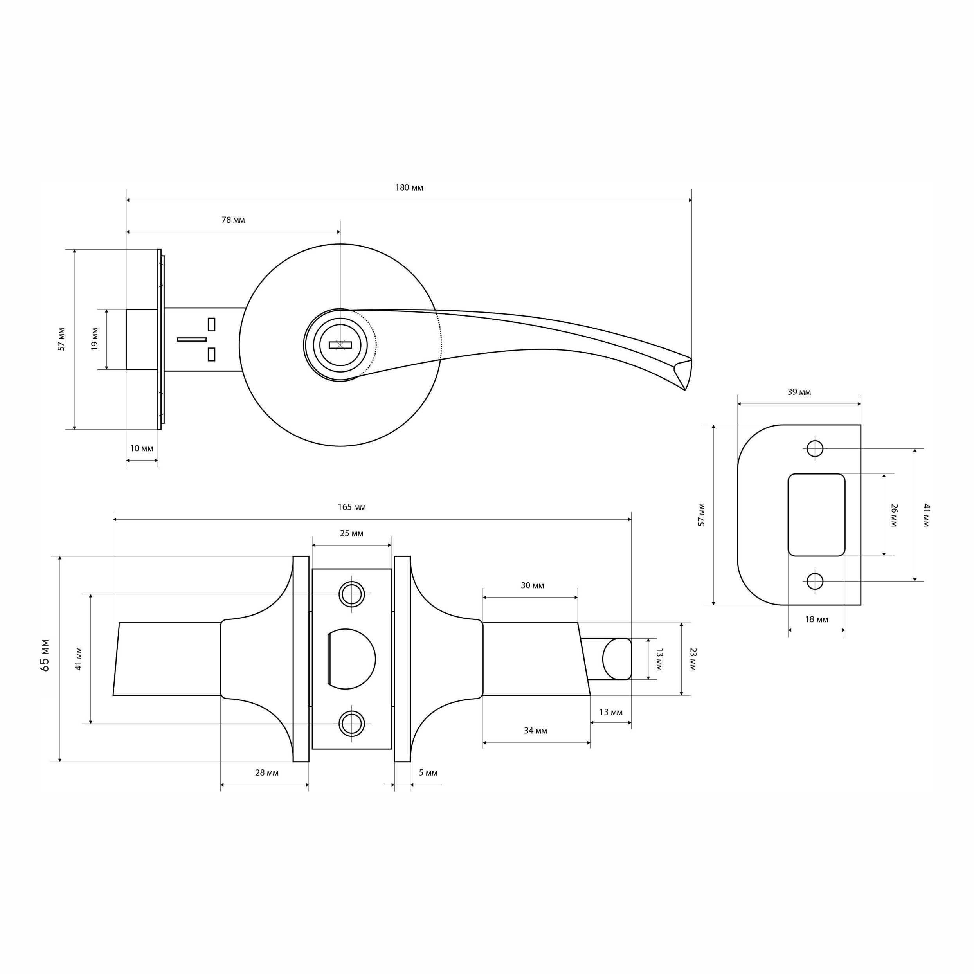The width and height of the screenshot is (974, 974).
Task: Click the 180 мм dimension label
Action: point(409,188)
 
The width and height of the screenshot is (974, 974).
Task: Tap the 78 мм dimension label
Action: point(233,220)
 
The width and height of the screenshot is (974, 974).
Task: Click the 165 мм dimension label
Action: point(352,507)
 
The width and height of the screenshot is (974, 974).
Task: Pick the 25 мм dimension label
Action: point(351,533)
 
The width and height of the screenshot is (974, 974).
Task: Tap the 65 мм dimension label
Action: point(45,655)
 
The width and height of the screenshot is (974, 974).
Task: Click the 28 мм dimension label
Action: point(267,773)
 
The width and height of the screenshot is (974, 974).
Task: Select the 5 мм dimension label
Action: point(428,773)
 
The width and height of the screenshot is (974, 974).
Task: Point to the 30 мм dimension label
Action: point(532,586)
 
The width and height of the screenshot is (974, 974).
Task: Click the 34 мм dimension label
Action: point(535,731)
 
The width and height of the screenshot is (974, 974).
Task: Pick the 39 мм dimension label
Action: point(799,392)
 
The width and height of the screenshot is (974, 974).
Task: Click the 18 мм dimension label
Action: point(817,619)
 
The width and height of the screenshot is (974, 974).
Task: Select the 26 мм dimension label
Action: point(894,515)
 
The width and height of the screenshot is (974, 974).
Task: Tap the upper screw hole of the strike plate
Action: point(815,448)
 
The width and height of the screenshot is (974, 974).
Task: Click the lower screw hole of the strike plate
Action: point(815,581)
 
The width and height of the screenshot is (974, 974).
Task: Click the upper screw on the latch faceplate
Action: point(352,594)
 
